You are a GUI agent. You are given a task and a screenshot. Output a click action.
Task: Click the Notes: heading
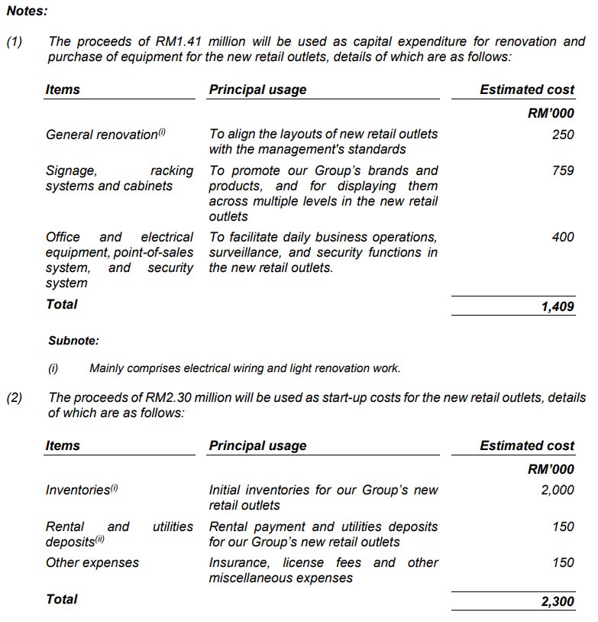tap(27, 11)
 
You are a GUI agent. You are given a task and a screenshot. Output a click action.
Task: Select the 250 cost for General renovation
tap(562, 134)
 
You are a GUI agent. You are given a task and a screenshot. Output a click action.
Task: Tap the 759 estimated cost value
tap(562, 170)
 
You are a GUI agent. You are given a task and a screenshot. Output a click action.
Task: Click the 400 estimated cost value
tap(562, 237)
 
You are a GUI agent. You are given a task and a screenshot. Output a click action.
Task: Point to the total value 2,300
tap(558, 601)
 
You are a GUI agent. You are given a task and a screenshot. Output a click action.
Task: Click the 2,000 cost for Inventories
tap(558, 491)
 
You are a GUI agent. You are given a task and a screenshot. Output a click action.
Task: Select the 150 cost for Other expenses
tap(562, 562)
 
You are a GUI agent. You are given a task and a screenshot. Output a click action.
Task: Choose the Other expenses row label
tap(92, 562)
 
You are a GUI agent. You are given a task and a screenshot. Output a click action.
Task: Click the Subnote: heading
tap(73, 341)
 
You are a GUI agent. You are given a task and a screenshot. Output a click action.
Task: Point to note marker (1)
tap(15, 42)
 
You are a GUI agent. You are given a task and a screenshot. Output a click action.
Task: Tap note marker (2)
tap(15, 397)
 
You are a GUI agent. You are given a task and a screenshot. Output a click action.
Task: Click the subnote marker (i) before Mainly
tap(53, 368)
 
